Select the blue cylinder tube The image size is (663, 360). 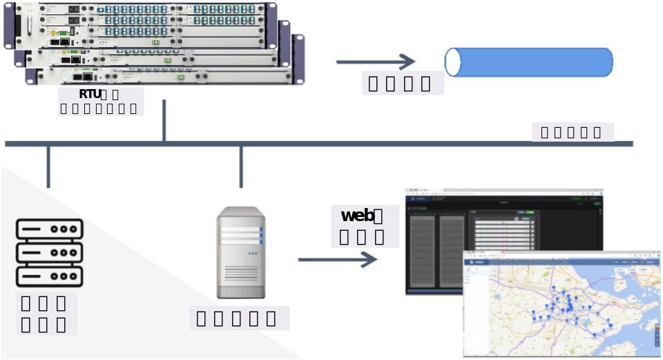pyautogui.click(x=532, y=62)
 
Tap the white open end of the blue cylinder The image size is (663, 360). pyautogui.click(x=453, y=62)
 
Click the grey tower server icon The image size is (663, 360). pyautogui.click(x=240, y=253)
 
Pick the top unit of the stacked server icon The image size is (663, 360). pyautogui.click(x=49, y=229)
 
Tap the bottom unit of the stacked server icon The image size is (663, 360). pyautogui.click(x=49, y=276)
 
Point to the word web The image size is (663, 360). pyautogui.click(x=357, y=216)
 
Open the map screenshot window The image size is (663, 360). pyautogui.click(x=561, y=304)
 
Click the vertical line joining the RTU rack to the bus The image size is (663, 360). pyautogui.click(x=164, y=121)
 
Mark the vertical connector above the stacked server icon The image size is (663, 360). pyautogui.click(x=48, y=167)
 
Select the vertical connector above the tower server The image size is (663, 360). pyautogui.click(x=241, y=167)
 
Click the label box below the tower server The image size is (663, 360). pyautogui.click(x=239, y=319)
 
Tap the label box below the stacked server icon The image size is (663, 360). pyautogui.click(x=45, y=314)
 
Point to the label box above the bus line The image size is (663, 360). pyautogui.click(x=573, y=132)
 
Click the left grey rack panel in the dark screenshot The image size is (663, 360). pyautogui.click(x=423, y=250)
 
